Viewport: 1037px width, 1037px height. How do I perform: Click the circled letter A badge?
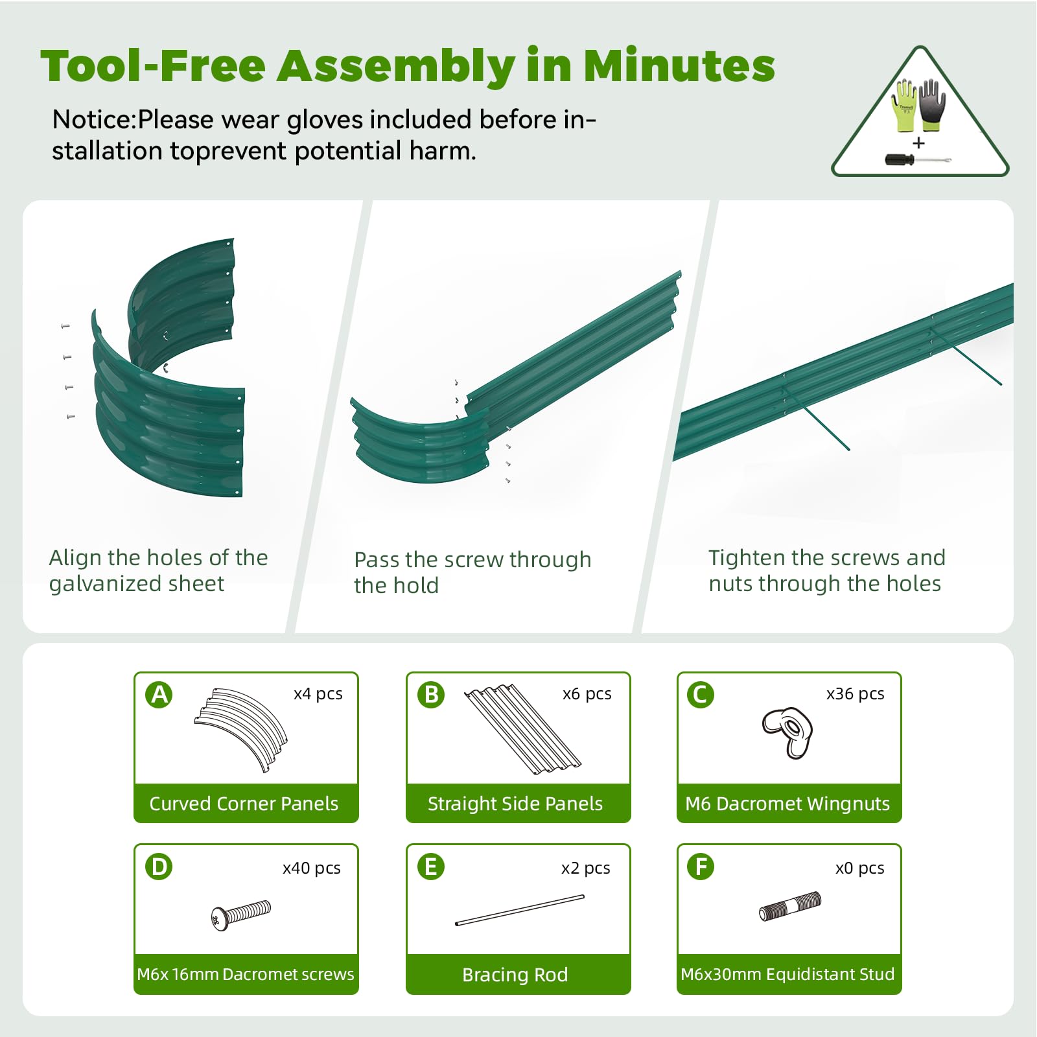tap(159, 695)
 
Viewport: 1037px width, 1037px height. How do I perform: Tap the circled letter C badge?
tap(701, 695)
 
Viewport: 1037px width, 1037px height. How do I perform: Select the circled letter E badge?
tap(431, 867)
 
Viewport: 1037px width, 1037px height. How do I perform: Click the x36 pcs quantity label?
tap(855, 694)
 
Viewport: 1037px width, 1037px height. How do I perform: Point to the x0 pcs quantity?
tap(859, 868)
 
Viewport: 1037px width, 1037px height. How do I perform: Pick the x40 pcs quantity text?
tap(311, 868)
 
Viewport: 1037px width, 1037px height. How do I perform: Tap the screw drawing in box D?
tap(240, 915)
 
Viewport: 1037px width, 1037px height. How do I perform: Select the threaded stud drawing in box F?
tap(789, 906)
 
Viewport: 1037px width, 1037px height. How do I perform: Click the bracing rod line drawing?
tap(520, 910)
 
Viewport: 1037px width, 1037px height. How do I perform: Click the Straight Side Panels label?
tap(515, 804)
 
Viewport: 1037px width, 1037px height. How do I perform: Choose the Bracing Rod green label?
tap(515, 975)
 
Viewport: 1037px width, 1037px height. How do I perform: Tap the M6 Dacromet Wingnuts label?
tap(787, 804)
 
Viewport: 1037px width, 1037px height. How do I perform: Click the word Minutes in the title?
tap(679, 65)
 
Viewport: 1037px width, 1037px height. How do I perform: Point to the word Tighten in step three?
tap(747, 558)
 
